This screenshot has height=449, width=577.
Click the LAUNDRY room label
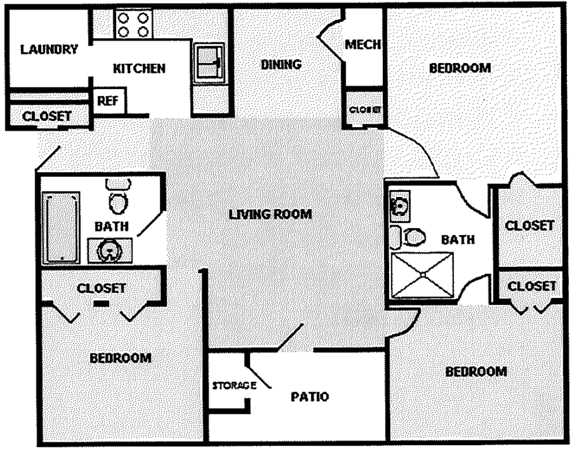49,49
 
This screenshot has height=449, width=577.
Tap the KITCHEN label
139,68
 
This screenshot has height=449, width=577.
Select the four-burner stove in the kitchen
133,25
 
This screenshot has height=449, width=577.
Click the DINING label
281,64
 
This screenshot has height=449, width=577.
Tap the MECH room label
363,44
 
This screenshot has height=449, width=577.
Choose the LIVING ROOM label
270,214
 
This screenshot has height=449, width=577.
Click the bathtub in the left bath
61,227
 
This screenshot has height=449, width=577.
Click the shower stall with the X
422,274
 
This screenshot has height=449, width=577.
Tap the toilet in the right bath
415,237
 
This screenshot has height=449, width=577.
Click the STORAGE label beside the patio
234,386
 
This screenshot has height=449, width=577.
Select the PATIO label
310,397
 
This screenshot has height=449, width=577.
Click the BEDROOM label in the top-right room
460,68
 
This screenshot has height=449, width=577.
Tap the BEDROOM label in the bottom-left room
121,358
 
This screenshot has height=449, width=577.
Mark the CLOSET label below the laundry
47,116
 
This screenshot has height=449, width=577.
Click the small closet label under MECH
365,110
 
